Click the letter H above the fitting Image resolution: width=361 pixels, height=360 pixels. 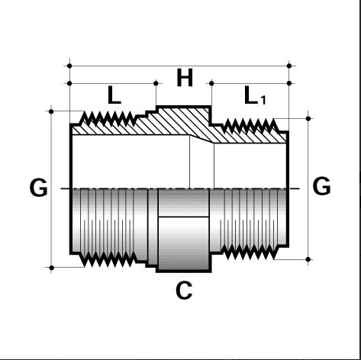click(x=185, y=78)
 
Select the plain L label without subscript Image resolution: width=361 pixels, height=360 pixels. click(x=114, y=97)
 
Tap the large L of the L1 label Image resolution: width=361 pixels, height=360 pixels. click(x=251, y=96)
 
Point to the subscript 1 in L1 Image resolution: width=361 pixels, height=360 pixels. click(x=264, y=101)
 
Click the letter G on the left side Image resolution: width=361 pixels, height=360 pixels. click(x=38, y=187)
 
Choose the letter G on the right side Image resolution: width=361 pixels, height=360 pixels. click(x=322, y=185)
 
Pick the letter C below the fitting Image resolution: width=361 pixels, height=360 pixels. click(x=183, y=291)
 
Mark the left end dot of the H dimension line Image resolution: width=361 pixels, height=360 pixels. click(x=69, y=66)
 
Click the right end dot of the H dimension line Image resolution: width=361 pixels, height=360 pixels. click(x=289, y=66)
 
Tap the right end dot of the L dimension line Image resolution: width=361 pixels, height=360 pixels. click(x=156, y=83)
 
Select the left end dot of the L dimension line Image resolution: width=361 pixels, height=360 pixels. click(x=69, y=83)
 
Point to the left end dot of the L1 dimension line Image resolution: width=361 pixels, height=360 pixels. click(x=211, y=83)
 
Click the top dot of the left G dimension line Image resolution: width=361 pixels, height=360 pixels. click(x=51, y=111)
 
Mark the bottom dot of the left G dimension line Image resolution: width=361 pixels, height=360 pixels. click(x=51, y=268)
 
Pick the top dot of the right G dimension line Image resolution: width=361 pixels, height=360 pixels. click(x=308, y=118)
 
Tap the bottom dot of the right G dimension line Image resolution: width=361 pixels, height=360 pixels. click(x=308, y=260)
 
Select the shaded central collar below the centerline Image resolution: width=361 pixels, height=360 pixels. click(x=183, y=229)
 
